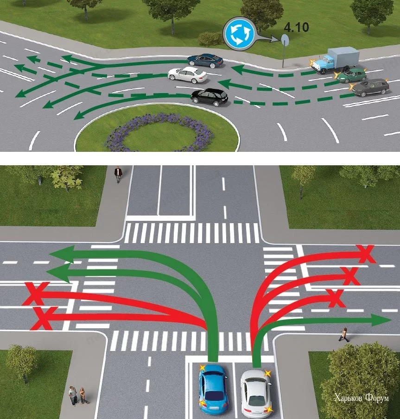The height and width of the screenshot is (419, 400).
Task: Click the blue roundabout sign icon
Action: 239,33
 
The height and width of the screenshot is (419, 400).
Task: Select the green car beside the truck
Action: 351,75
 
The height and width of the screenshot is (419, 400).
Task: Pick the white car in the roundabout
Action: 187,74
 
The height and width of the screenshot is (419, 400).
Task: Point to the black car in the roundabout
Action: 210,97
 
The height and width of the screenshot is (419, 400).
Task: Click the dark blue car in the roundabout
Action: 205,60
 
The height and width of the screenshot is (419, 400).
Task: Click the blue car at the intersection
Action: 213,389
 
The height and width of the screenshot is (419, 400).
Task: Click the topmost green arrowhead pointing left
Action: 60,254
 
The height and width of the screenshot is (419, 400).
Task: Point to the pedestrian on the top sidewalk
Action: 118,174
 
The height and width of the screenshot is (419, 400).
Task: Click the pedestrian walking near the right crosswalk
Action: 344,334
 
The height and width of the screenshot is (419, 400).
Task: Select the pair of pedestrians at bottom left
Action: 77,396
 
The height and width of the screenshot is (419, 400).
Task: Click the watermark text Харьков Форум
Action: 361,398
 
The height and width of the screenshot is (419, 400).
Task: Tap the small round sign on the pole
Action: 284,40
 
